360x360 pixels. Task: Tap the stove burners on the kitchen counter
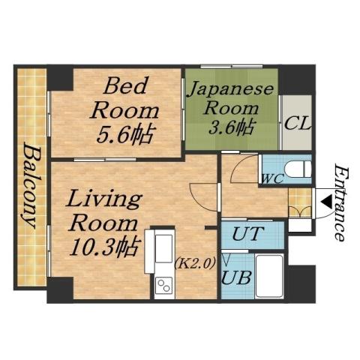click(162, 286)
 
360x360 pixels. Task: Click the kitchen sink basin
click(162, 248)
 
